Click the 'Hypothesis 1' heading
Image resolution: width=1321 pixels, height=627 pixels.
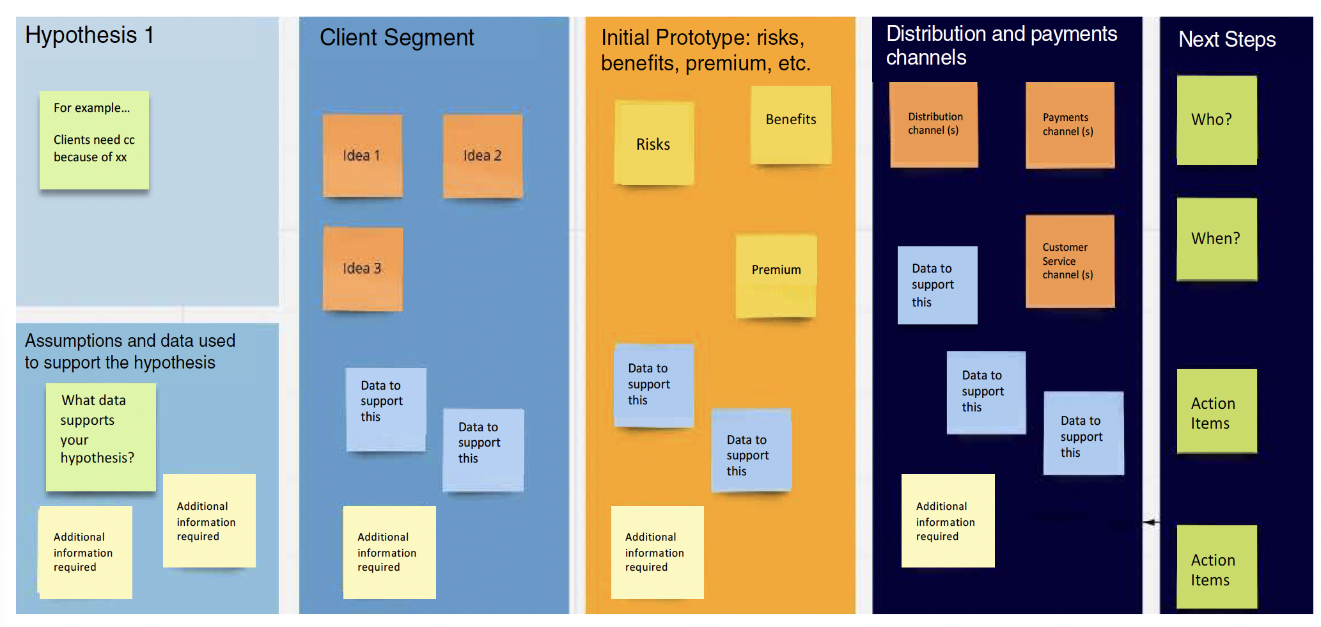tap(90, 35)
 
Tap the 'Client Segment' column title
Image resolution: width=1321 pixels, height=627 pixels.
tap(396, 38)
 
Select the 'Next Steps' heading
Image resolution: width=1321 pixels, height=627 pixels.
tap(1226, 40)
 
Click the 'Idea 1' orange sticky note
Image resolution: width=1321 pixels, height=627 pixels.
tap(362, 155)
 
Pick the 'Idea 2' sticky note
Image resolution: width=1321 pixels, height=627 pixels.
tap(483, 155)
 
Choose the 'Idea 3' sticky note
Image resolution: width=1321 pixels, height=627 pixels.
tap(362, 269)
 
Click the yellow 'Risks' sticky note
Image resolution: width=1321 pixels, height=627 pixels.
tap(653, 144)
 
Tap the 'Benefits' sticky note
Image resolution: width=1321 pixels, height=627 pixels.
tap(791, 124)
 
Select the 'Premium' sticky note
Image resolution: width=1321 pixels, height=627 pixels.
tap(776, 275)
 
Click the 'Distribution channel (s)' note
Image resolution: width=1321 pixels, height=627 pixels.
tap(934, 124)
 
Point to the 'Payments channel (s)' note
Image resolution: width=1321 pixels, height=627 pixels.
tap(1069, 124)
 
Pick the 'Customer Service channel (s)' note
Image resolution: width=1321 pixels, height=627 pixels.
tap(1069, 261)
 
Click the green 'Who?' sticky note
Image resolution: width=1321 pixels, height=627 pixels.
tap(1216, 120)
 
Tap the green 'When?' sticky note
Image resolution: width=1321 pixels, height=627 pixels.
tap(1216, 239)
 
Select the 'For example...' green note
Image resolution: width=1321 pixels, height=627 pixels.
tap(94, 139)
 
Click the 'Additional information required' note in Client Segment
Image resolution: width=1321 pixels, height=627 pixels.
tap(389, 552)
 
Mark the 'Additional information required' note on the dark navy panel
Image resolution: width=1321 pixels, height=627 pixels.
tap(948, 521)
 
